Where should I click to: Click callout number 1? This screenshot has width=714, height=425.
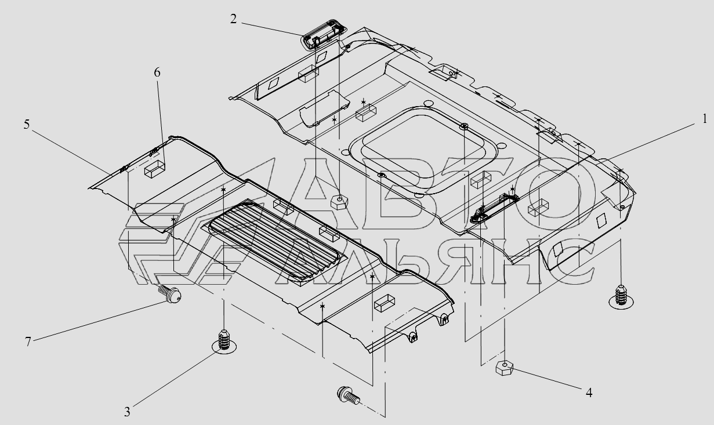click(x=704, y=119)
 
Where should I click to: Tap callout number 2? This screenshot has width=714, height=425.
click(x=233, y=19)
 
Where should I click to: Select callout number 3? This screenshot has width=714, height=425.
click(x=127, y=412)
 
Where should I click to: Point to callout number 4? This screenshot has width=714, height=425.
click(x=589, y=393)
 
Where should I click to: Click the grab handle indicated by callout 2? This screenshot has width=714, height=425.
click(x=322, y=41)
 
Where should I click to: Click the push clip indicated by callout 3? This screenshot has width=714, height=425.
click(x=224, y=340)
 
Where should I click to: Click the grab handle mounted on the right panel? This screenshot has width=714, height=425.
click(x=495, y=206)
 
